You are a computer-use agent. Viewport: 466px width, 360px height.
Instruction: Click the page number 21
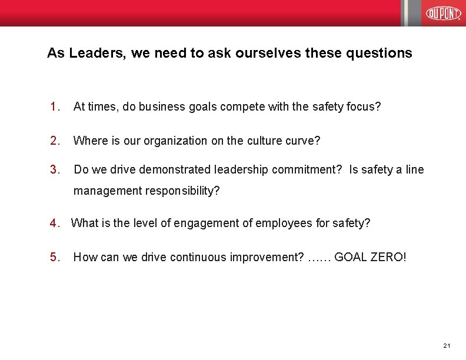click(x=447, y=345)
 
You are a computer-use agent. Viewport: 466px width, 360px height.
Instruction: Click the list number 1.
click(x=55, y=107)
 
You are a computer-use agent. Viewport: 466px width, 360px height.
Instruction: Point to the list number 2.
click(x=55, y=141)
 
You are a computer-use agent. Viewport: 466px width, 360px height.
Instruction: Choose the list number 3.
click(x=55, y=170)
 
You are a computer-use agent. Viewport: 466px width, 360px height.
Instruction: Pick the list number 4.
click(x=55, y=223)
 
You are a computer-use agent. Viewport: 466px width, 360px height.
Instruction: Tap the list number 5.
click(x=55, y=257)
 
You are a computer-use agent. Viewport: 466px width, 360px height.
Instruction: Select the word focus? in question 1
click(x=363, y=107)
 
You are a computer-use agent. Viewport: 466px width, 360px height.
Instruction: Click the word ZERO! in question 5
click(x=388, y=257)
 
